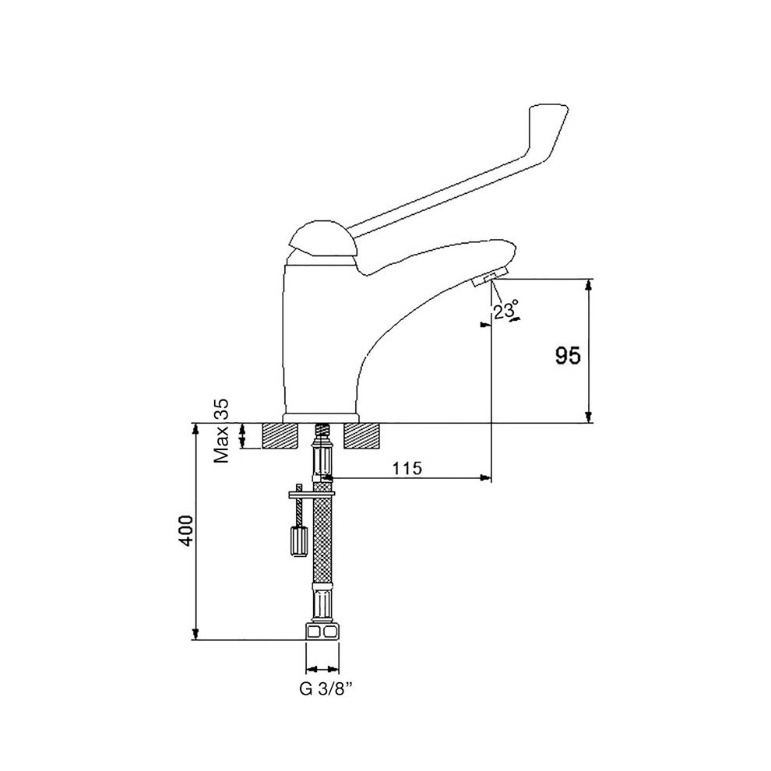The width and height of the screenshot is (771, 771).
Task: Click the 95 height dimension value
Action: [x=568, y=355]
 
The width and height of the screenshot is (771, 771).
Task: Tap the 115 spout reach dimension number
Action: [x=407, y=468]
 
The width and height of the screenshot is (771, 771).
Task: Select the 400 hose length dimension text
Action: [x=187, y=530]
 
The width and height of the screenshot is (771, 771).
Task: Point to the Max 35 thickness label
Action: [x=221, y=431]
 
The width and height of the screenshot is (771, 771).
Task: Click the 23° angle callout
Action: [x=506, y=310]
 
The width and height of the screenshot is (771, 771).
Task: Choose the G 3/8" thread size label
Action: [x=326, y=689]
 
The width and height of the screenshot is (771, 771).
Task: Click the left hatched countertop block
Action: [x=281, y=435]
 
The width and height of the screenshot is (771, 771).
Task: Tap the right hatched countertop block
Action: [x=362, y=435]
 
